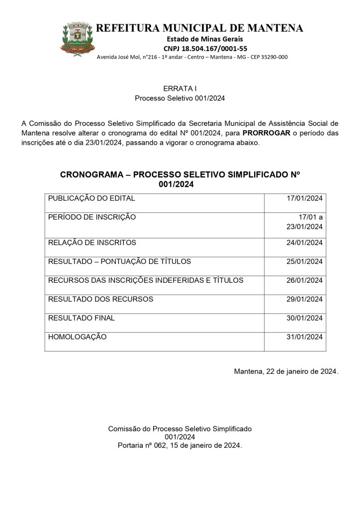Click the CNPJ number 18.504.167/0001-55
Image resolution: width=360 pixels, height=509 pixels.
(205, 48)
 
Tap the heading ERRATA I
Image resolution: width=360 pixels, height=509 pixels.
(180, 88)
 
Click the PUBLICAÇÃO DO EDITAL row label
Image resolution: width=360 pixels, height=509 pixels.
(91, 199)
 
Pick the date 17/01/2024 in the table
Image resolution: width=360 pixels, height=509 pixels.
(305, 199)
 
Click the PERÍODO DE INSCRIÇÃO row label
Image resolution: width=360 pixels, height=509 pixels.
(92, 217)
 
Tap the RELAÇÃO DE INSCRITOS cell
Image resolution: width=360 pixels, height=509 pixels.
(92, 243)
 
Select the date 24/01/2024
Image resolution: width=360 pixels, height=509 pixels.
(305, 243)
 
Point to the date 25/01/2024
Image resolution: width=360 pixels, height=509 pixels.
(305, 261)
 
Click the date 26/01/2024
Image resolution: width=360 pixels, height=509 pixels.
(305, 280)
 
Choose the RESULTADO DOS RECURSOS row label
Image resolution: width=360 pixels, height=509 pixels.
(100, 299)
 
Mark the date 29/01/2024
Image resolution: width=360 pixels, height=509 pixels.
(305, 299)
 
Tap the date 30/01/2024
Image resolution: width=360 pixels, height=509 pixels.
(305, 318)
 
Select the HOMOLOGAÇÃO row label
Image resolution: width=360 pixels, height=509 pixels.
(78, 337)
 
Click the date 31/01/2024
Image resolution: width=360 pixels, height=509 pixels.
(305, 337)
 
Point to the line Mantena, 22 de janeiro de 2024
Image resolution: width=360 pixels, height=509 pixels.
(286, 371)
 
